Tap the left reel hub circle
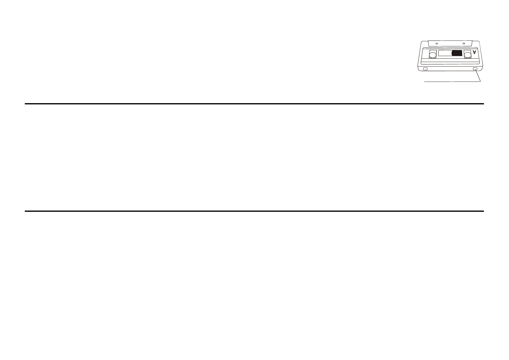[433, 55]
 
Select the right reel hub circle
[467, 55]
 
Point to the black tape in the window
[457, 53]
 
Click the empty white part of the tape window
[445, 53]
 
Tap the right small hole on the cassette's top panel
[464, 44]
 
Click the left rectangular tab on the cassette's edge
[425, 69]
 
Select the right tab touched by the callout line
[475, 69]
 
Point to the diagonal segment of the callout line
[478, 76]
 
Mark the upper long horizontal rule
[254, 104]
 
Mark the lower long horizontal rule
[254, 211]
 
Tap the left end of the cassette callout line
[424, 82]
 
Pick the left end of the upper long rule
[25, 104]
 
